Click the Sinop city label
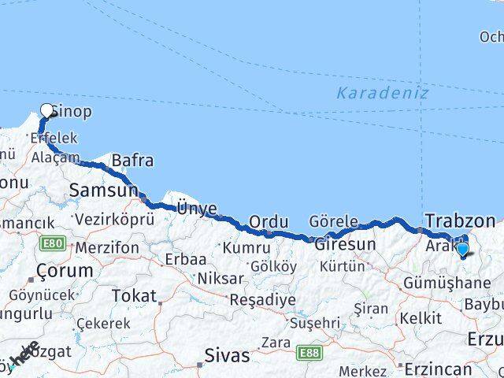71,111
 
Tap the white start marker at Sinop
46,111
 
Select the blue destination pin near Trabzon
462,250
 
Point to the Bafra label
132,161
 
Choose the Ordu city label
268,221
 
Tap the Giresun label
345,244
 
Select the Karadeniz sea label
383,93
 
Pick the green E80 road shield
53,243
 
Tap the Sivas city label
227,355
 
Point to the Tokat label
135,296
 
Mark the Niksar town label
220,279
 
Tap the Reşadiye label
262,300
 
